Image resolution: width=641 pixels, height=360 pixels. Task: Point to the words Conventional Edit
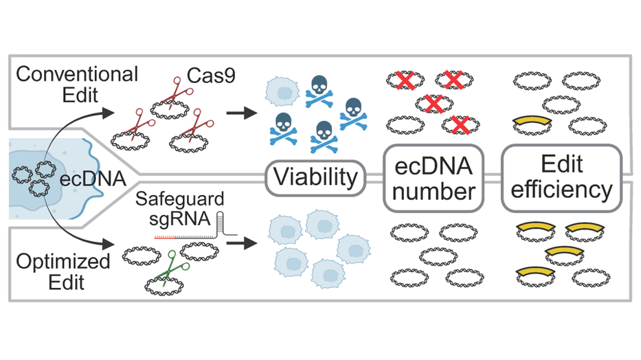pyautogui.click(x=77, y=85)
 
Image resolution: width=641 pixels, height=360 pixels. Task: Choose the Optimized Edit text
pyautogui.click(x=63, y=272)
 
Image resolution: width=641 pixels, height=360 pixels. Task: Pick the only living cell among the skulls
pyautogui.click(x=282, y=91)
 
